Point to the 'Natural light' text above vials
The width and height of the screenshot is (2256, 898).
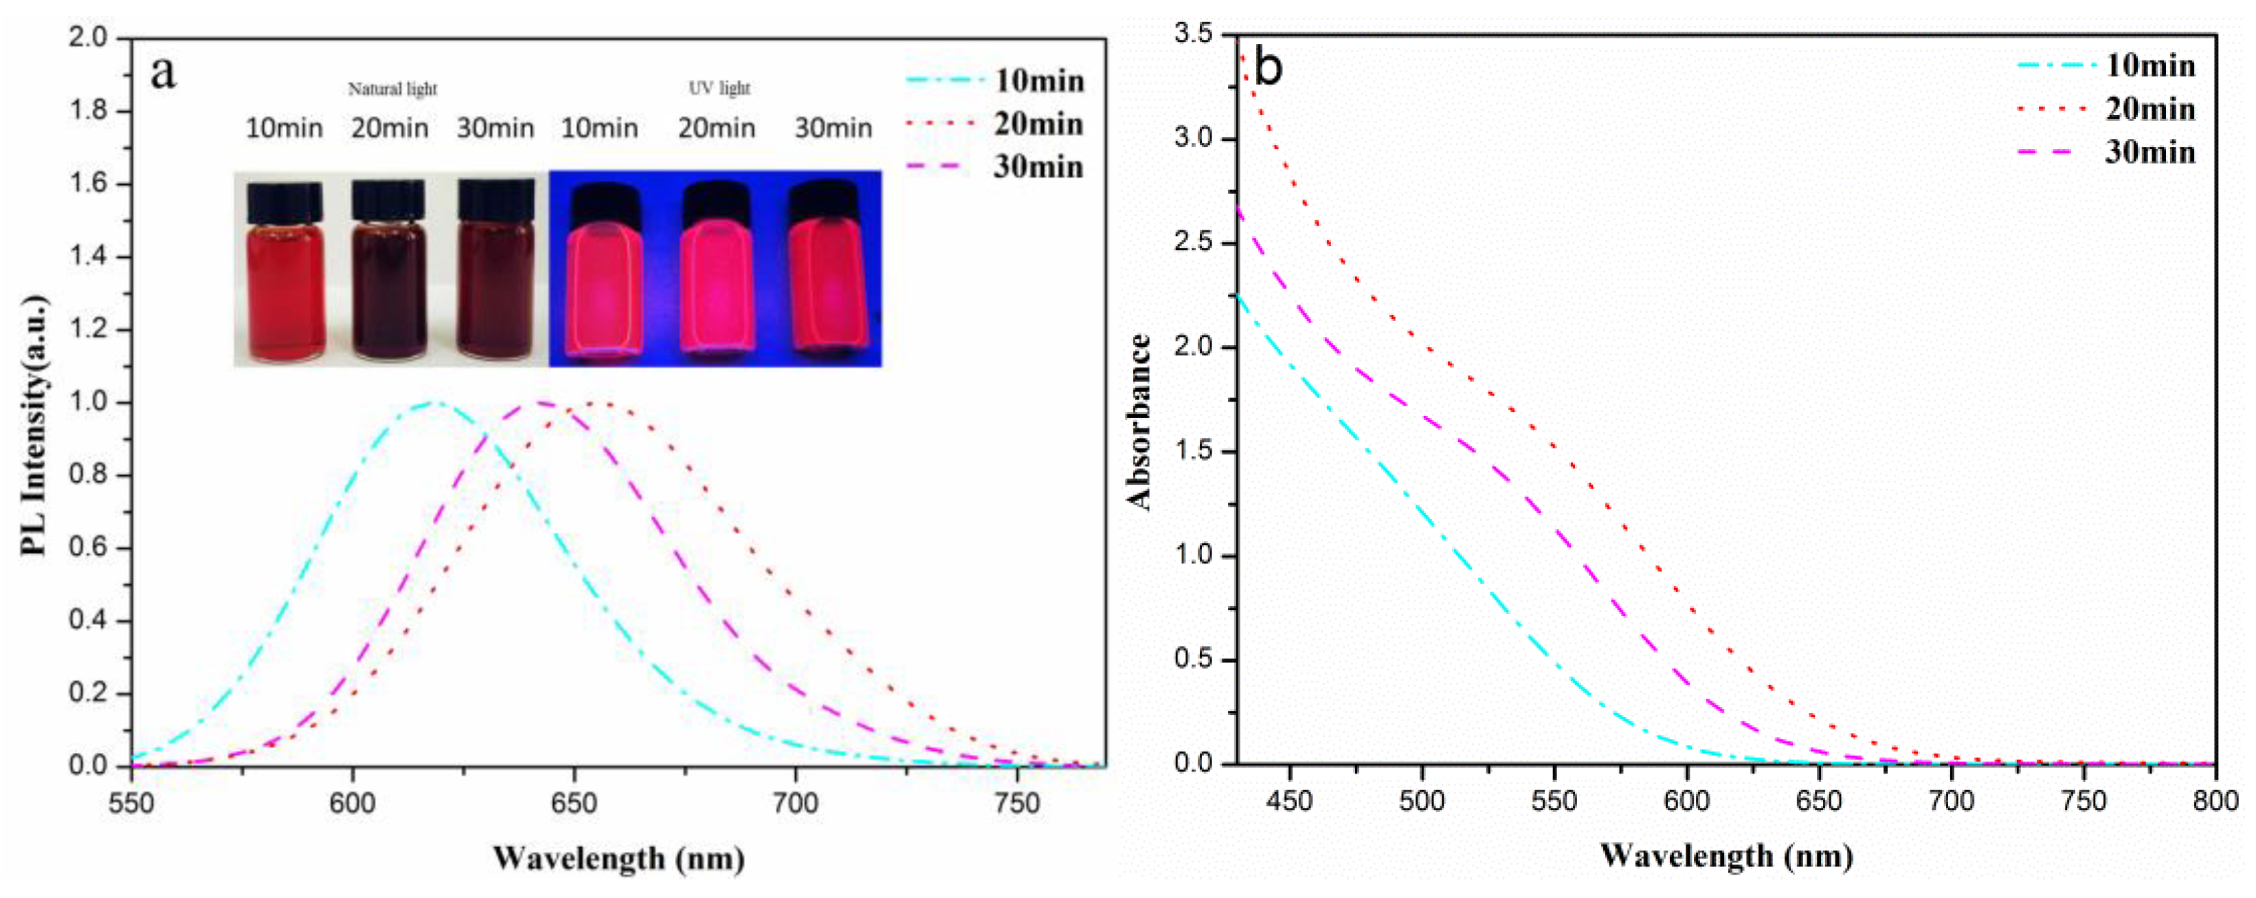coord(392,89)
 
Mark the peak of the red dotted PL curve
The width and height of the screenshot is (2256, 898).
coord(603,403)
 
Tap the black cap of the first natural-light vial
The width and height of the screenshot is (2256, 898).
coord(284,202)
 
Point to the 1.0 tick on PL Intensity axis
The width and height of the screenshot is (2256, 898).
coord(87,402)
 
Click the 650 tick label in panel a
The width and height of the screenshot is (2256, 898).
coord(574,803)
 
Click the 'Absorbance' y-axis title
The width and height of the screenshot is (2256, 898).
coord(1139,422)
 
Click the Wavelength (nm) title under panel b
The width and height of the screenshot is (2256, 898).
coord(1726,856)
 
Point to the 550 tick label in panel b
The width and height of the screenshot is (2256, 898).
coord(1554,801)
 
